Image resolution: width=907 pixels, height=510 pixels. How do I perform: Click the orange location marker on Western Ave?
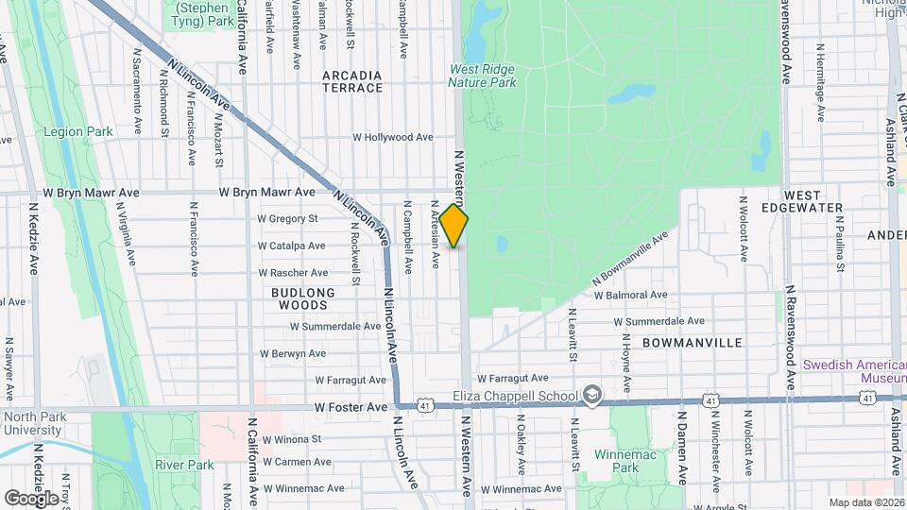click(x=454, y=226)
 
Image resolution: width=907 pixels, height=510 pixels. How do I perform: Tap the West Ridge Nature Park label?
click(x=482, y=76)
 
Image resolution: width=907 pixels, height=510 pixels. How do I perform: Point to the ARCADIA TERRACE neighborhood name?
click(x=352, y=81)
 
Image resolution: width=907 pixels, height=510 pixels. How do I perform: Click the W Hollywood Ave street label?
click(x=393, y=137)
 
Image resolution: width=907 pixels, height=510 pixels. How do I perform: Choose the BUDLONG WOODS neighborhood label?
click(x=303, y=298)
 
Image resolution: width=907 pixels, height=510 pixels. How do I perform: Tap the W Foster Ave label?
click(x=351, y=407)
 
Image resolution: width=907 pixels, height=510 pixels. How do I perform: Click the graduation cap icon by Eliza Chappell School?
click(x=591, y=393)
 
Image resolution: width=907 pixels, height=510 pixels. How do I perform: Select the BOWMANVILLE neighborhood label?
click(x=692, y=343)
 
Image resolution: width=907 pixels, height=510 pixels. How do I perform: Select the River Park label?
click(x=184, y=465)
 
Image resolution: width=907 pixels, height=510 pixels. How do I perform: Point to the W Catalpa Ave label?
click(x=292, y=246)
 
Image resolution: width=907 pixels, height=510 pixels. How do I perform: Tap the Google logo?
click(x=32, y=498)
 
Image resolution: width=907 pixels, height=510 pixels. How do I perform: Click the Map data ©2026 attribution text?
click(x=866, y=502)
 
